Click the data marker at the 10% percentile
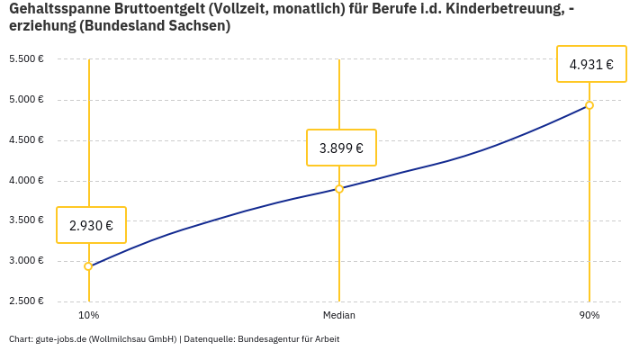click(88, 266)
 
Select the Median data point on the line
click(339, 189)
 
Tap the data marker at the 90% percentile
click(589, 105)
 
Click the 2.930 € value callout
click(91, 225)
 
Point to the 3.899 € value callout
click(341, 148)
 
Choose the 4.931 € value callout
click(591, 64)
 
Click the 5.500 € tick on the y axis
click(26, 59)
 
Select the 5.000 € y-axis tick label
click(26, 100)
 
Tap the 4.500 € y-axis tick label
click(26, 140)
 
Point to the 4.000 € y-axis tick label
click(26, 181)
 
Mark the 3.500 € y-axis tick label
click(26, 220)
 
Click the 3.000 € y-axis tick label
click(26, 261)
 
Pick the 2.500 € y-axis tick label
click(26, 301)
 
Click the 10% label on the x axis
click(88, 316)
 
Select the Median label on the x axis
click(339, 316)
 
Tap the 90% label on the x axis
click(589, 316)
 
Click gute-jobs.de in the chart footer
click(60, 339)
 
